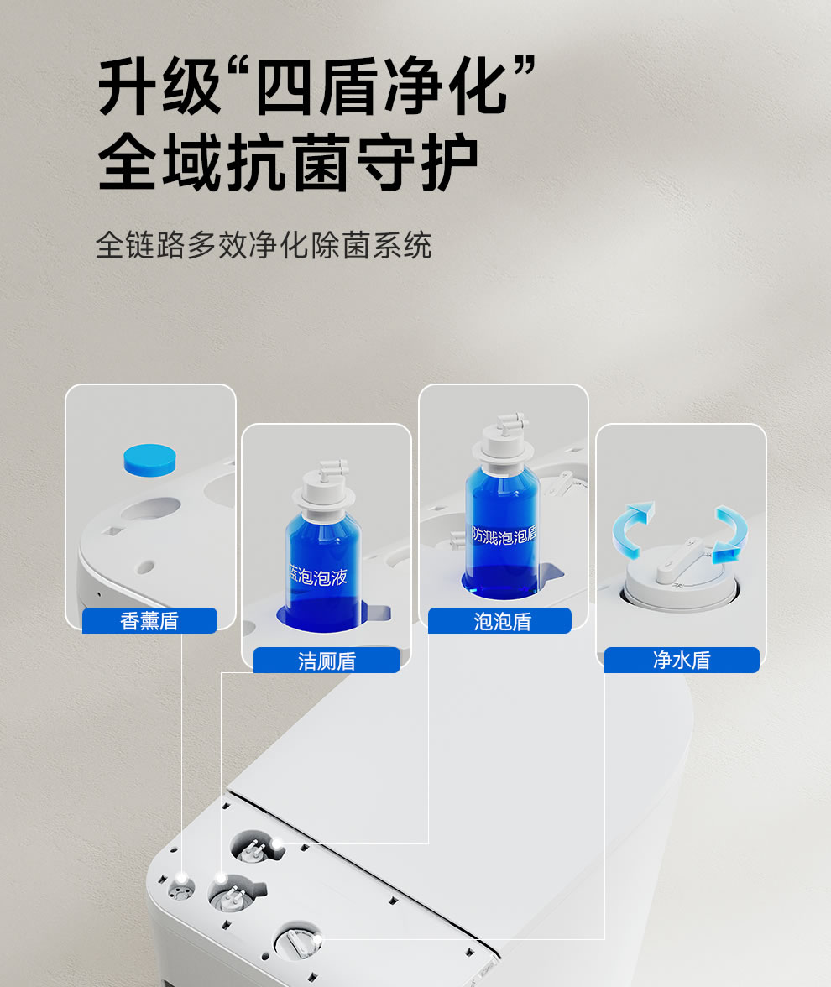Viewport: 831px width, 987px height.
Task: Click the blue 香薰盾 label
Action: (149, 621)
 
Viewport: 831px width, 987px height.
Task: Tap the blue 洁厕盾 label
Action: (327, 661)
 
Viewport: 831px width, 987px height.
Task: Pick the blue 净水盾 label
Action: (682, 660)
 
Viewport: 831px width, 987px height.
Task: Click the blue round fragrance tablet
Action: (149, 460)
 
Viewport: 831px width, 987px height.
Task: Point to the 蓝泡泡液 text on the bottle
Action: (318, 575)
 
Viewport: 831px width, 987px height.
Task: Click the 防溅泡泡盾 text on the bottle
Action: (504, 535)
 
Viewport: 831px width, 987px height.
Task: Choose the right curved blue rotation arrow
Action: (731, 534)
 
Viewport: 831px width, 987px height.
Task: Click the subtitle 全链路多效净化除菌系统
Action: (264, 245)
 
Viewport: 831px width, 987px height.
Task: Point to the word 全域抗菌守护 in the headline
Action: (288, 162)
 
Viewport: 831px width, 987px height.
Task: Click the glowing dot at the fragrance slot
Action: (181, 878)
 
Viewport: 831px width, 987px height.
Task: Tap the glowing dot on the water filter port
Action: (316, 939)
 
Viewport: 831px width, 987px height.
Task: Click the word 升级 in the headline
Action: (159, 86)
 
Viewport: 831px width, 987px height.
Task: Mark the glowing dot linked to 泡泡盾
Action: (275, 843)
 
